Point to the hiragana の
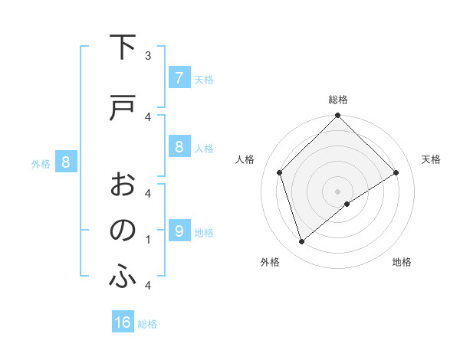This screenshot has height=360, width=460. [123, 231]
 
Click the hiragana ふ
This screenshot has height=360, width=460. [123, 277]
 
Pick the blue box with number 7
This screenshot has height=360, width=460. [179, 78]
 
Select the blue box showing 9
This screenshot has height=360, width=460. [179, 231]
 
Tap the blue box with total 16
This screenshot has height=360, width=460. [123, 322]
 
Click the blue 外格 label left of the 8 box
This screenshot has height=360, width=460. [40, 163]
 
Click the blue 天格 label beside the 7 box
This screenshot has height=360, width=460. [204, 79]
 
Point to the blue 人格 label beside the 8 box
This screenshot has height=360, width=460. [204, 148]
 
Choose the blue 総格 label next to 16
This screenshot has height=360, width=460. [148, 323]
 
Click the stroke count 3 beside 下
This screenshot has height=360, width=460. [148, 55]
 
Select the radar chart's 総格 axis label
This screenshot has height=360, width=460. [337, 100]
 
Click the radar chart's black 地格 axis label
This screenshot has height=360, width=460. [402, 262]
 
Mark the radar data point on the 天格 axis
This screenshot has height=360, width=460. [396, 172]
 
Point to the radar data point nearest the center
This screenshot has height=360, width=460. [347, 204]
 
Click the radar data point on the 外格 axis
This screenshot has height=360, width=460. [301, 242]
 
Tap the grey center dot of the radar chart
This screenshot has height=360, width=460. [337, 191]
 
